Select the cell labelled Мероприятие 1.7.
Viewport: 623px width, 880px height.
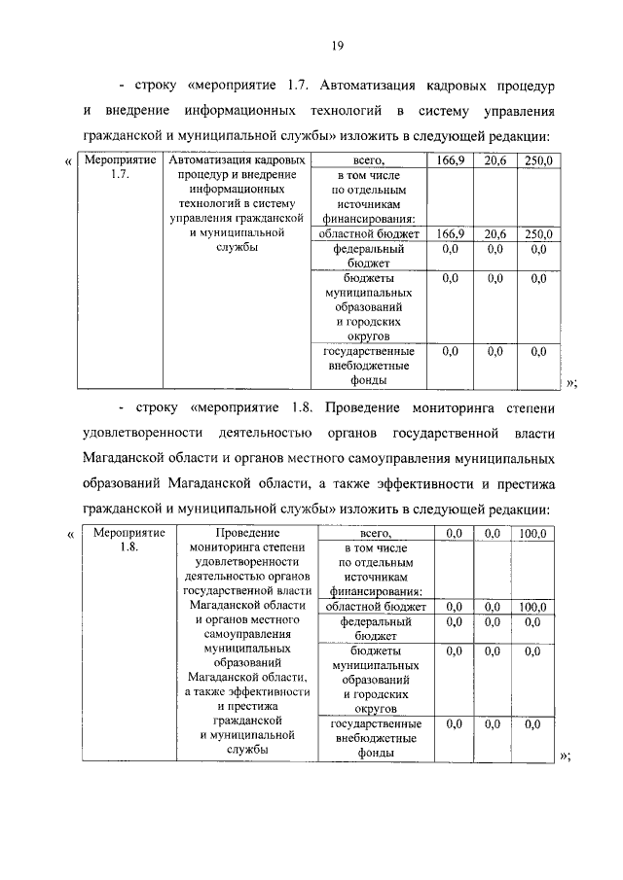[x=113, y=166]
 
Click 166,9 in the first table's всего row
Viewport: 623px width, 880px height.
[x=450, y=159]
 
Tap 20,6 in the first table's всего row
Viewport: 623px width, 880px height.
[x=495, y=159]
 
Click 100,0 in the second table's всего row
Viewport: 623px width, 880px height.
[x=532, y=533]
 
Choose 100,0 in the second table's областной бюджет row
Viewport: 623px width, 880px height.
[x=532, y=608]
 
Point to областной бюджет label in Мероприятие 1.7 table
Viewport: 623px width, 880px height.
[x=368, y=234]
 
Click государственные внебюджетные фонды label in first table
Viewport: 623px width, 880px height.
[x=368, y=366]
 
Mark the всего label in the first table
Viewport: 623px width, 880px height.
[x=367, y=159]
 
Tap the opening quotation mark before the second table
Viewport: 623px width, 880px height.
[x=69, y=534]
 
